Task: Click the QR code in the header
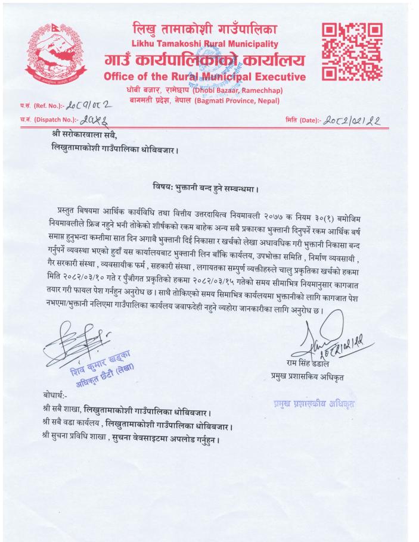point(352,52)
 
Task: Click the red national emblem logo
point(55,57)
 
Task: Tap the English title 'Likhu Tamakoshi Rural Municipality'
point(205,43)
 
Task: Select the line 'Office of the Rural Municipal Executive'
point(204,77)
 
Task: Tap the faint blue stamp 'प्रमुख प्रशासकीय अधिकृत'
point(309,403)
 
